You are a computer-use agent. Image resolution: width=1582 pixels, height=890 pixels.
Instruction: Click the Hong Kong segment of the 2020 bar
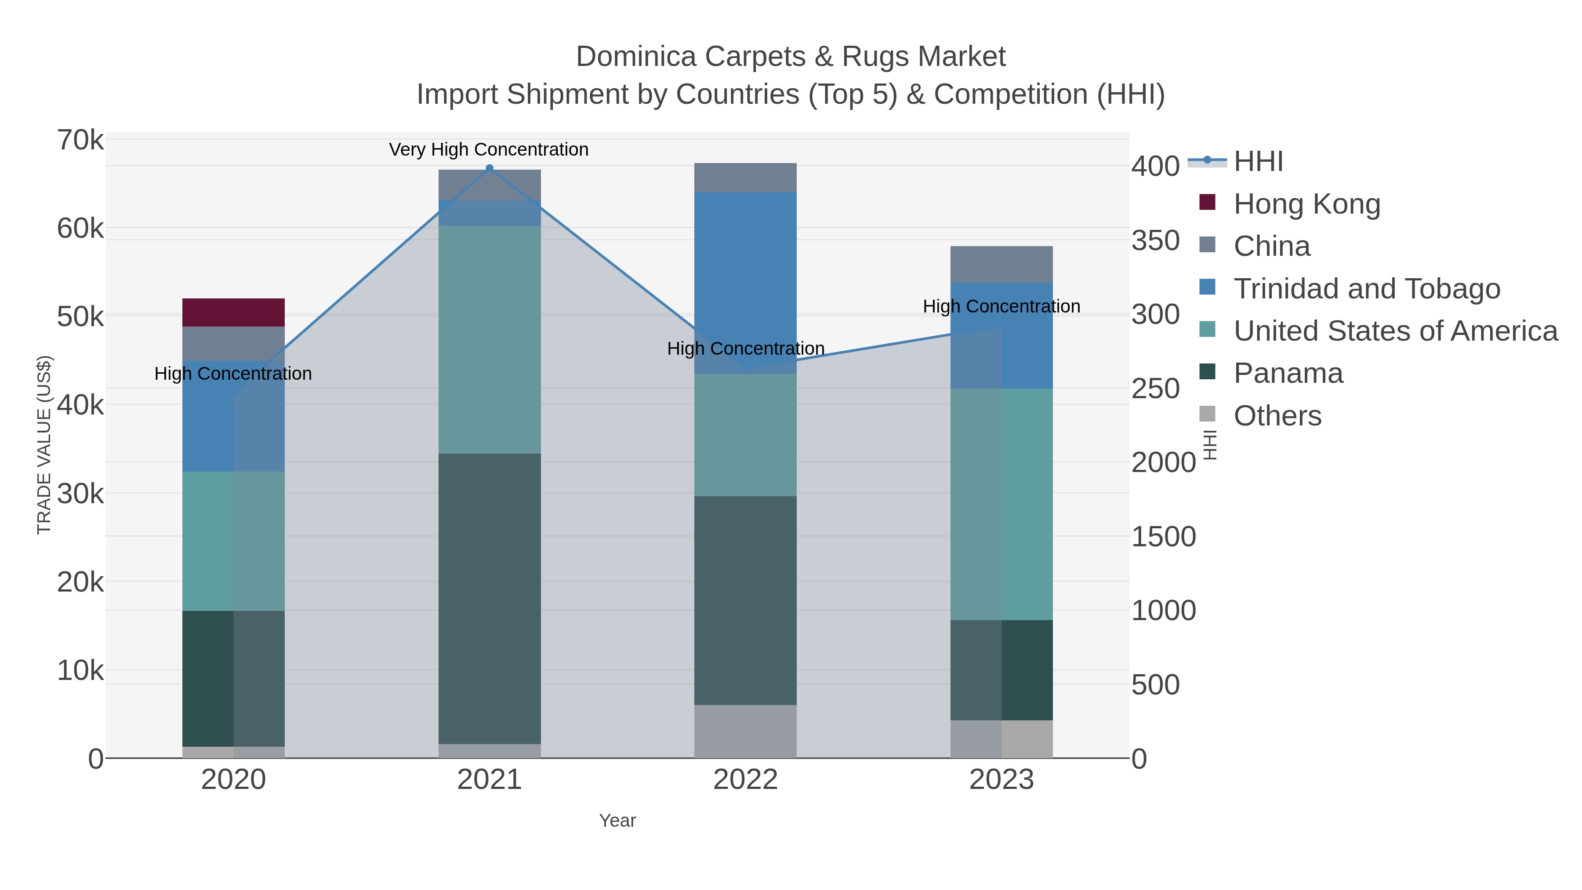point(233,312)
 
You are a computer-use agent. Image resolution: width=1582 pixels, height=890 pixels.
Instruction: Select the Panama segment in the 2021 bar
point(490,599)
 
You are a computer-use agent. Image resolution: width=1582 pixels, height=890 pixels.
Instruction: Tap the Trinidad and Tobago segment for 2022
point(745,283)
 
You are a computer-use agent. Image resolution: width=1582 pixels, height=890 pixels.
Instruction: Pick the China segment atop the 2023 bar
point(1001,264)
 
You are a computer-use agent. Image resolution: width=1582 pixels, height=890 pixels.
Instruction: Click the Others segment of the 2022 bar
point(745,731)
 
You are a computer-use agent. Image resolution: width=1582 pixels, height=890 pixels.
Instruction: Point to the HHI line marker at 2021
point(490,168)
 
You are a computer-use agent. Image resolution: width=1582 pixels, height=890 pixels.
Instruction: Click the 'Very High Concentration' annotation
point(489,150)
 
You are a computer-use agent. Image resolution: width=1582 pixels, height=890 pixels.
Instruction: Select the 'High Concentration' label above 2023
point(1001,306)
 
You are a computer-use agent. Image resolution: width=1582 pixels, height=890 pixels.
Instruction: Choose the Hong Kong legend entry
point(1306,204)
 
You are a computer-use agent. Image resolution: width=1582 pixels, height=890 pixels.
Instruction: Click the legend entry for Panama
point(1288,374)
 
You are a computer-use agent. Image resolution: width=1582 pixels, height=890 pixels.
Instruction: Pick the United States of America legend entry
point(1395,331)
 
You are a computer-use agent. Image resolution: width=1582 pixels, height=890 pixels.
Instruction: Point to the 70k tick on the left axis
point(81,141)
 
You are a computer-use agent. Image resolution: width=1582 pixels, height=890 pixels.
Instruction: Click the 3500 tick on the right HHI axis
point(1155,241)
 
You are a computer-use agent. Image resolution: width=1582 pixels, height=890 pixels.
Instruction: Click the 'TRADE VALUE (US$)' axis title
point(44,445)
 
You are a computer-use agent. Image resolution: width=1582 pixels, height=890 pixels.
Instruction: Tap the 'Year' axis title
point(617,821)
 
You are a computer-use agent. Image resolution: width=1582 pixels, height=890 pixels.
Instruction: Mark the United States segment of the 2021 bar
point(490,340)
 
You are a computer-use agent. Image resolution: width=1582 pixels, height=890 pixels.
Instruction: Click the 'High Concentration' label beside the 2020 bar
point(233,374)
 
